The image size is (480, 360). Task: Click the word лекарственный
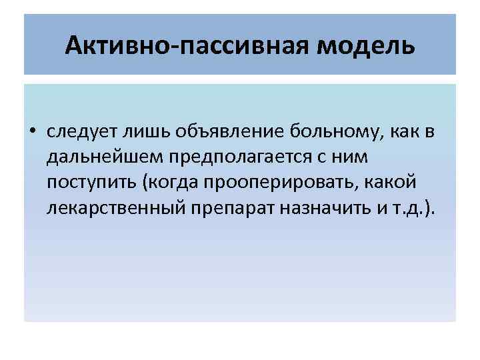(110, 208)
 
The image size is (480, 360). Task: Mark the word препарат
(227, 208)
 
